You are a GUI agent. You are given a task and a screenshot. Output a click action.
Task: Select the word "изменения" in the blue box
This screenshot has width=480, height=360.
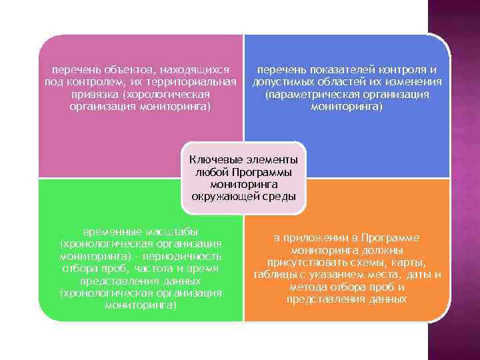[416, 82]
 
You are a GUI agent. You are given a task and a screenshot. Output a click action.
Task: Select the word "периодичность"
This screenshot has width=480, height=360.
[190, 256]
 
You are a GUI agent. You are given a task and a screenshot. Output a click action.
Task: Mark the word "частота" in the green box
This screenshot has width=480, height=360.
[157, 268]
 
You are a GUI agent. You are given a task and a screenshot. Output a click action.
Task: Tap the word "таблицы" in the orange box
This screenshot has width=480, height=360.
[275, 274]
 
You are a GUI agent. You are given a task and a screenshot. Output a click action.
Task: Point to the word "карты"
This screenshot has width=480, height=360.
[409, 262]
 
